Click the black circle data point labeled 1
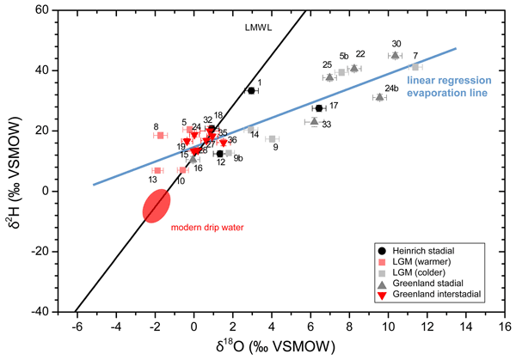pos(251,90)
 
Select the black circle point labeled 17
pos(318,108)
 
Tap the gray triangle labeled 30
pos(396,55)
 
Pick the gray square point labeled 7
pos(415,66)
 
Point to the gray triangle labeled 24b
pos(379,97)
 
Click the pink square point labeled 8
pos(160,135)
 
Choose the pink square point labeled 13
pos(157,170)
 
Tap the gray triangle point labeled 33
pos(314,121)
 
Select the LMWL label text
pos(255,28)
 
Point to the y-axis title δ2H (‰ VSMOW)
pos(11,161)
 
